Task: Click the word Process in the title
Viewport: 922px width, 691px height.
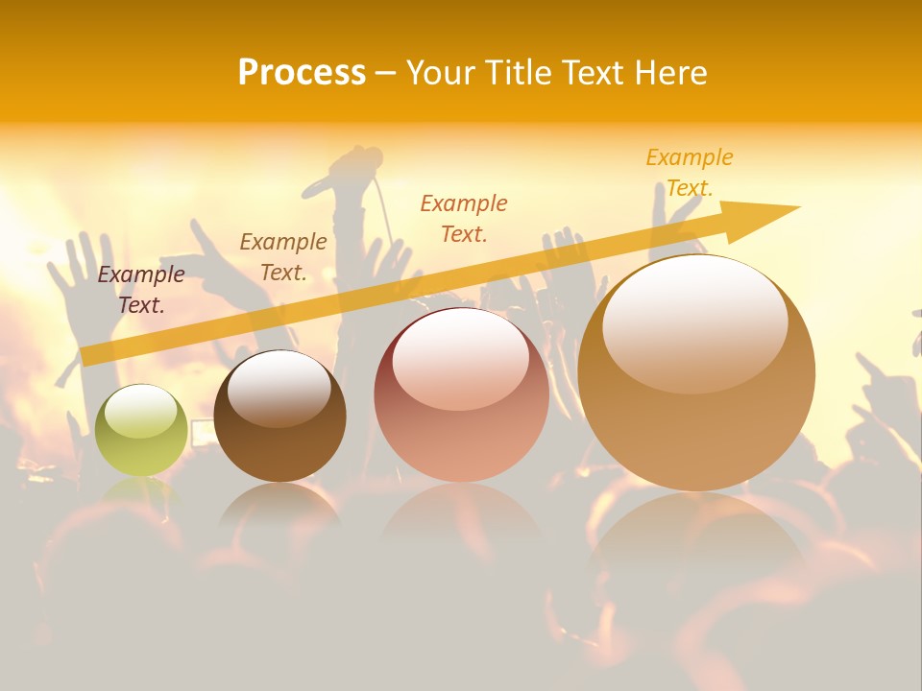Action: click(x=302, y=73)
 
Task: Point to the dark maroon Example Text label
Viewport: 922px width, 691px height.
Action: click(x=141, y=290)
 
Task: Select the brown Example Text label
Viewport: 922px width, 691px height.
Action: click(x=283, y=257)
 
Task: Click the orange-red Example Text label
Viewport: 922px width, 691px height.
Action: click(x=464, y=218)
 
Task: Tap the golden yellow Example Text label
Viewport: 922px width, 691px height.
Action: click(x=690, y=172)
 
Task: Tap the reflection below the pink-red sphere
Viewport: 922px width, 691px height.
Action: click(x=461, y=518)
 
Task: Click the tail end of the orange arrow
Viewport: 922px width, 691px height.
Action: click(x=91, y=355)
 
